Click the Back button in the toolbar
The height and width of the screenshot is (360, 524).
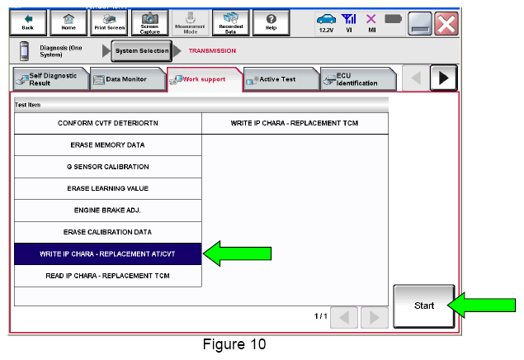point(28,22)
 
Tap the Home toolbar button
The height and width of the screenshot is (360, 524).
point(68,22)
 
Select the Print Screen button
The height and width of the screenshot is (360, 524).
point(109,22)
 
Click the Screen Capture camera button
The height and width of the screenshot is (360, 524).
point(149,22)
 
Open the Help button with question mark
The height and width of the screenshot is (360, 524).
point(271,22)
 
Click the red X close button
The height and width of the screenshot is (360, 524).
point(446,23)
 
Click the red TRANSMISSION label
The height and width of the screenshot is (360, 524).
point(212,51)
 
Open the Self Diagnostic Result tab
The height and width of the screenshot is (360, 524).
point(51,79)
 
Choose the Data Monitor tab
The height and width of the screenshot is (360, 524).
point(128,79)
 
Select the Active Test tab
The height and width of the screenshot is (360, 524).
point(281,79)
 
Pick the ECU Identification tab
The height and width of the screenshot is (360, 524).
point(358,79)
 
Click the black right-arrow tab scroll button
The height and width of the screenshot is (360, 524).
point(443,78)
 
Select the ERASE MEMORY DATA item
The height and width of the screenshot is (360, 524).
point(107,145)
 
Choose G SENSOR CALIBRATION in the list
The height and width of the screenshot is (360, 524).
point(107,167)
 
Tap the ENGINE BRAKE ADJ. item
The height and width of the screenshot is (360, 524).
point(107,211)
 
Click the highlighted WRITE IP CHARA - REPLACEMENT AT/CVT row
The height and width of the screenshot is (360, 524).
point(107,254)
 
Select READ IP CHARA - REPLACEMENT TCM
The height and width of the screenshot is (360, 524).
point(107,276)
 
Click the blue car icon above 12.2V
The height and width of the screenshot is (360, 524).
point(326,19)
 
